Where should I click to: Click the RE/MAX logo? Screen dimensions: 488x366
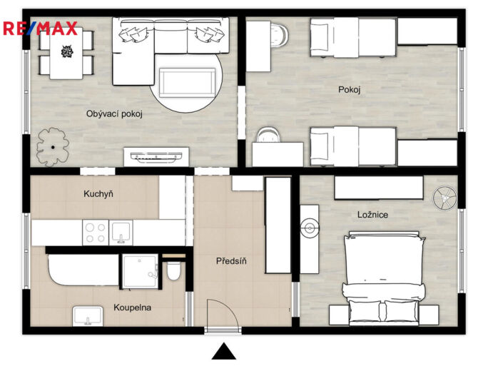tap(40, 29)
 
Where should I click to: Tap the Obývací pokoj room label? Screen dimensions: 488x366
tap(114, 114)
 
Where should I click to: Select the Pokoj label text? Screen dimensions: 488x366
tap(349, 90)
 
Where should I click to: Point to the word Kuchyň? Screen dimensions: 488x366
tap(98, 194)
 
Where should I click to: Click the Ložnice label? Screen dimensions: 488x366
tap(372, 215)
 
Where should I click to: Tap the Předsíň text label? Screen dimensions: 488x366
tap(231, 261)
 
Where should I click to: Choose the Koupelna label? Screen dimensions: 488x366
tap(132, 307)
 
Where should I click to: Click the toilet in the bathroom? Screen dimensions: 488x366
tap(173, 270)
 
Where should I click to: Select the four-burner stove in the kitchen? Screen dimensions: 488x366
tap(96, 233)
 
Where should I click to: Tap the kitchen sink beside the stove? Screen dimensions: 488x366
tap(121, 233)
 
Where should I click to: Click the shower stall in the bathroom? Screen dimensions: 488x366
tap(141, 271)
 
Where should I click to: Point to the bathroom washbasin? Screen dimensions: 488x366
tap(88, 316)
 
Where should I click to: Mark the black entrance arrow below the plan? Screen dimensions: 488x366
tap(224, 351)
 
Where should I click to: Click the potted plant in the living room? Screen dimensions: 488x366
tap(53, 147)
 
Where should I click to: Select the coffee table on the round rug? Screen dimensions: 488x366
tap(187, 83)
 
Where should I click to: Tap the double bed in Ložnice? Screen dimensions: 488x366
tap(384, 278)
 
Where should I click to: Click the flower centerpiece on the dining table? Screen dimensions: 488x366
tap(67, 51)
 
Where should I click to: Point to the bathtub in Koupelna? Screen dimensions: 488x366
tap(83, 270)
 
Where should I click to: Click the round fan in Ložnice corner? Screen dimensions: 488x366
tap(444, 198)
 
